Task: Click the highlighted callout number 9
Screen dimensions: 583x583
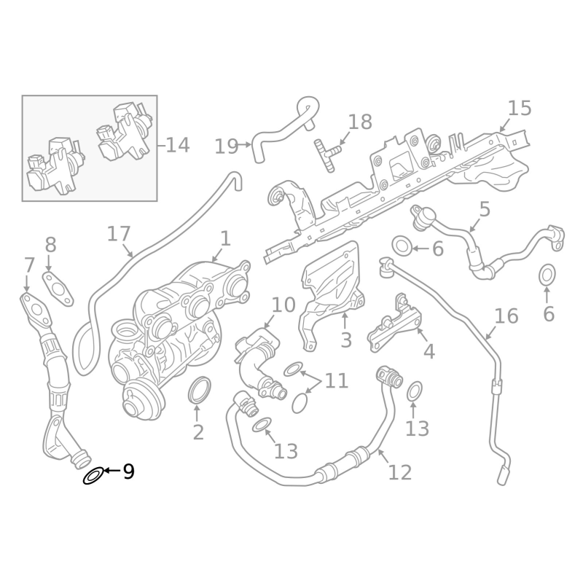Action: [x=128, y=472]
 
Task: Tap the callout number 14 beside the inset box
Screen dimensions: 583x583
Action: [x=177, y=145]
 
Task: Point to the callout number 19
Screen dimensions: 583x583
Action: [x=227, y=146]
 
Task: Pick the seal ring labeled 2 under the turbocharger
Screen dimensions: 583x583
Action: [x=198, y=391]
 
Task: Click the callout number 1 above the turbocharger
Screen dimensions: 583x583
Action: [x=225, y=238]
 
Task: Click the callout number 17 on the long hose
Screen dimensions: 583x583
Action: [x=119, y=234]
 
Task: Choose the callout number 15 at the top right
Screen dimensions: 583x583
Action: [x=520, y=109]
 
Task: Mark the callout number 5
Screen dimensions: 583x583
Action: [x=485, y=210]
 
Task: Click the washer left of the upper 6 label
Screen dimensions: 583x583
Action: [x=402, y=246]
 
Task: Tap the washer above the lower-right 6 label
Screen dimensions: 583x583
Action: [x=548, y=276]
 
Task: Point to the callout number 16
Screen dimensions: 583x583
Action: [x=506, y=316]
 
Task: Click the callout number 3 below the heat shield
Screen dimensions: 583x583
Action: [x=345, y=340]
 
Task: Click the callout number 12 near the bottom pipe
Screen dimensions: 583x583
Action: [x=400, y=472]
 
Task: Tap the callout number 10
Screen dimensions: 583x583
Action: [x=283, y=305]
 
